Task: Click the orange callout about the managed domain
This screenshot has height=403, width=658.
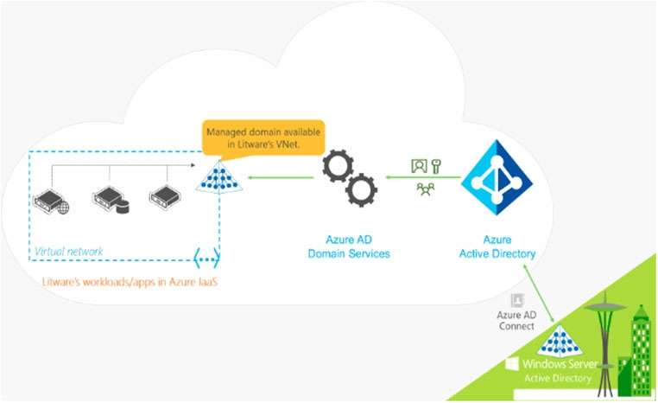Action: click(263, 138)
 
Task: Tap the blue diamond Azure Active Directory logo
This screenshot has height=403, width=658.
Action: click(497, 177)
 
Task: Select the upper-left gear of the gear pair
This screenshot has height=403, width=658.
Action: click(338, 165)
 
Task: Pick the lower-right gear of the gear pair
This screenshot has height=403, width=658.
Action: click(361, 191)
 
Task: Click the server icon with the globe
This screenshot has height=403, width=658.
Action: click(51, 201)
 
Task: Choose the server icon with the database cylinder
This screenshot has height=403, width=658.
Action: click(111, 199)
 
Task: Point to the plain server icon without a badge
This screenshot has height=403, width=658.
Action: click(165, 196)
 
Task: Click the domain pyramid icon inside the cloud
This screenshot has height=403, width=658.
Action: click(219, 177)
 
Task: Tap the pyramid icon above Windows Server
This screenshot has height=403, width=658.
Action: click(560, 341)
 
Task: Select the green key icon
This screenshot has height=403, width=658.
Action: click(436, 166)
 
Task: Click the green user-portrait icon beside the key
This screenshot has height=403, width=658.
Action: click(419, 166)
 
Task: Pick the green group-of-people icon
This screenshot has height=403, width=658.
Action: click(426, 189)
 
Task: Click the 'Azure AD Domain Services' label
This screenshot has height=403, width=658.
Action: click(349, 246)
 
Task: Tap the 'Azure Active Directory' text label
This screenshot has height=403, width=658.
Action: click(497, 246)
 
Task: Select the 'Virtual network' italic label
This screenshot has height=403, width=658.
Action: click(69, 252)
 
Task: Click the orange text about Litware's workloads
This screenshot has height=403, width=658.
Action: click(130, 282)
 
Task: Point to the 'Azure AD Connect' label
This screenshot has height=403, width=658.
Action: click(516, 320)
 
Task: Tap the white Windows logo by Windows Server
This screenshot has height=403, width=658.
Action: click(511, 364)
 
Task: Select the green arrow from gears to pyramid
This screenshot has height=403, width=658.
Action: click(281, 177)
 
